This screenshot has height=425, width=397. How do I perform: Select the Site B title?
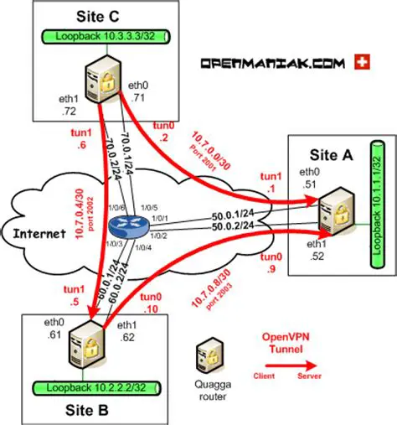coord(85,412)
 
